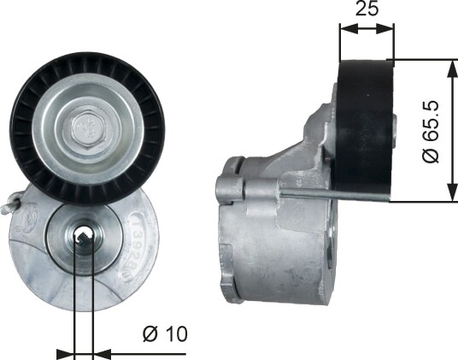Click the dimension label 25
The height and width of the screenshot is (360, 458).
tap(367, 9)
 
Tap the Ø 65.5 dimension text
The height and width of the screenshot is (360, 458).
tap(431, 131)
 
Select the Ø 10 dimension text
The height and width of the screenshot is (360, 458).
tap(165, 334)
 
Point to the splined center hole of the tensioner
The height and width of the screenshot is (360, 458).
tap(84, 236)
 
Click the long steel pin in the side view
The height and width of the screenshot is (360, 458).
tap(334, 195)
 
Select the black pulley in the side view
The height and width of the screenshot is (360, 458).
tap(364, 127)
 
